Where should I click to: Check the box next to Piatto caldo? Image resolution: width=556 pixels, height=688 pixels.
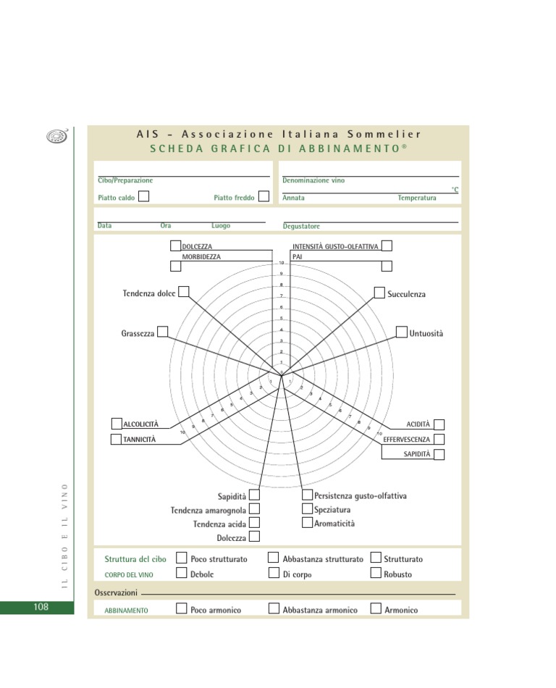point(144,196)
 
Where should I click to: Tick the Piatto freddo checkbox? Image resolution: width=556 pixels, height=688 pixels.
point(264,196)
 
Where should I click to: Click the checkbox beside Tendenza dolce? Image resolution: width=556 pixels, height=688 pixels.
point(184,291)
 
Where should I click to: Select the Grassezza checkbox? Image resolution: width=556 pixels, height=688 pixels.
point(163,332)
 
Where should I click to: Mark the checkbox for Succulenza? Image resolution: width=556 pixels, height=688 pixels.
point(379,292)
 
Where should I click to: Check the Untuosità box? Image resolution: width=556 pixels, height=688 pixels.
point(402,332)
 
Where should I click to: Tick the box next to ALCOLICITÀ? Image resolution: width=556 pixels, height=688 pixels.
point(117,424)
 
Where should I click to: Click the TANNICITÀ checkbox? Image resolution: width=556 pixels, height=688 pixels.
point(117,439)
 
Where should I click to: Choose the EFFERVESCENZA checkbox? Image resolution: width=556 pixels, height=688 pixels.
point(439,439)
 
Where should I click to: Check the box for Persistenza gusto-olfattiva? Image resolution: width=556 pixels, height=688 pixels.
point(307,495)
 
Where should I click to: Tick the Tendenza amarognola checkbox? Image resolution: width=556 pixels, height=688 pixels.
point(254,509)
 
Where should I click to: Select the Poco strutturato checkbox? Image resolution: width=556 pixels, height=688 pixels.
point(182,558)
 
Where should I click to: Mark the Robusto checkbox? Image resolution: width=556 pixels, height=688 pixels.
point(376,573)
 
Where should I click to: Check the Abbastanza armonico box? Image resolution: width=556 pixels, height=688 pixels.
point(274,608)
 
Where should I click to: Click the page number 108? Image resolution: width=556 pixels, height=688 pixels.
point(41,607)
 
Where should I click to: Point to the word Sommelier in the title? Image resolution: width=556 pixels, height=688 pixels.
point(384,134)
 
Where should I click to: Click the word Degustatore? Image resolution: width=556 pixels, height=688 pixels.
point(301,227)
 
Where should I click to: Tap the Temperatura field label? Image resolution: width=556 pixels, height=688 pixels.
point(417,198)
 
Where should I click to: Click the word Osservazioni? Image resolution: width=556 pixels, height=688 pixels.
point(116,592)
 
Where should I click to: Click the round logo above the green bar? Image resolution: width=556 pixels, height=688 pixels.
point(56,136)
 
